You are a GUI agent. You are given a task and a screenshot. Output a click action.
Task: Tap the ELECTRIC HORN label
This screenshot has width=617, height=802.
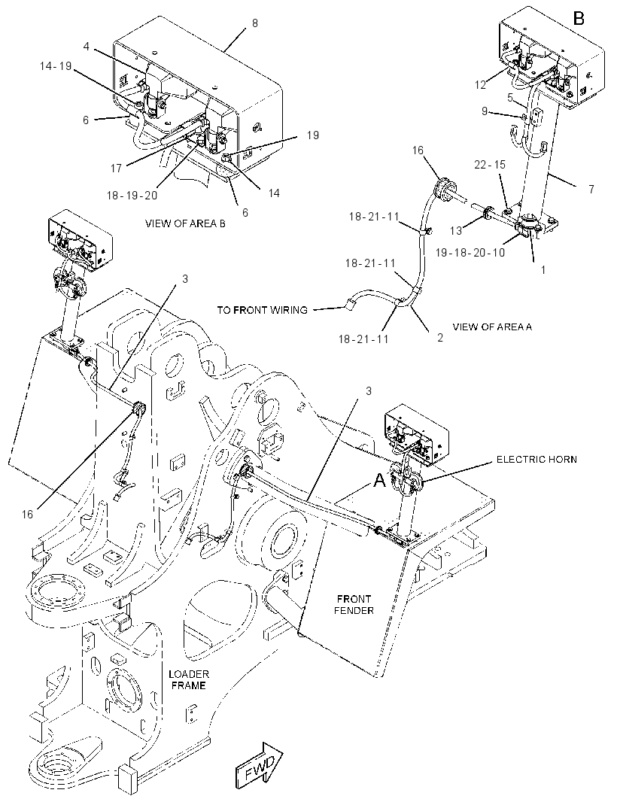(536, 460)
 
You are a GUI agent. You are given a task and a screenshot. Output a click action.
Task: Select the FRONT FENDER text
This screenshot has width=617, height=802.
(354, 605)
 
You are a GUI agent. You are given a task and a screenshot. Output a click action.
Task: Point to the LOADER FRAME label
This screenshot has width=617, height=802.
(189, 680)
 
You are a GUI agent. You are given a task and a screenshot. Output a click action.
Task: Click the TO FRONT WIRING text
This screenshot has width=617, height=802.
(263, 310)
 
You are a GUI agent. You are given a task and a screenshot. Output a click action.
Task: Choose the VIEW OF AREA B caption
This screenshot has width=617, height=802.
(185, 223)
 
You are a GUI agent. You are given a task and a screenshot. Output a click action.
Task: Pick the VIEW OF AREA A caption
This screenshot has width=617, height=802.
(492, 327)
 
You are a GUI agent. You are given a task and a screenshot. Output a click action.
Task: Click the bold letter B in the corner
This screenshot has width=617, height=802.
(579, 19)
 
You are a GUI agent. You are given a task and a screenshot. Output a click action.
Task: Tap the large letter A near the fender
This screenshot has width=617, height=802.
(378, 480)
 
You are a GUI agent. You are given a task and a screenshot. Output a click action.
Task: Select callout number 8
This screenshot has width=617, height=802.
(255, 23)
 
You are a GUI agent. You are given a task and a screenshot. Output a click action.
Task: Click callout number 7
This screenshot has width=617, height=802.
(591, 190)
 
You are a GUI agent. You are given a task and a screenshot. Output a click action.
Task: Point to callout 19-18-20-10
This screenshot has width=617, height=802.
(470, 252)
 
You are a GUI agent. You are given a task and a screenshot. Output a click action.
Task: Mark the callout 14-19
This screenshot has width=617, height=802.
(56, 66)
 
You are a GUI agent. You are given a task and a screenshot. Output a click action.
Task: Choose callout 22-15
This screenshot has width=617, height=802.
(490, 164)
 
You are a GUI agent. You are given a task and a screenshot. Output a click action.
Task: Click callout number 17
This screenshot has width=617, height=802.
(116, 168)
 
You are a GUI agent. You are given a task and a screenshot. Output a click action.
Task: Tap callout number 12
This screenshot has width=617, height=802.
(480, 85)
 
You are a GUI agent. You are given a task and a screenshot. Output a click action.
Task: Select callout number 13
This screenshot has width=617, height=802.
(456, 231)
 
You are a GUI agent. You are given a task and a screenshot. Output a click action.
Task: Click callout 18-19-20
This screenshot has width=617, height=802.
(132, 196)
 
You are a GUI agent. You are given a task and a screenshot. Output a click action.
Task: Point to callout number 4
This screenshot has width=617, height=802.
(87, 47)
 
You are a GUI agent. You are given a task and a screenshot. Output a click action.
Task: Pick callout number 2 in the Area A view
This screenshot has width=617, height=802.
(440, 338)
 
